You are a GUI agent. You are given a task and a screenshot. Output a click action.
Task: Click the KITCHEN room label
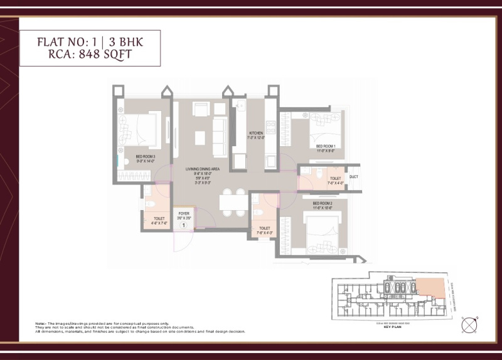click(255, 133)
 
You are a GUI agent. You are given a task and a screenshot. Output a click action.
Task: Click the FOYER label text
click(184, 214)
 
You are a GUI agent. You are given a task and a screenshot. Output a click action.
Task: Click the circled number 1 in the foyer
click(184, 224)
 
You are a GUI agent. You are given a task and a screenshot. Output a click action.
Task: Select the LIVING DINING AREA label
click(201, 169)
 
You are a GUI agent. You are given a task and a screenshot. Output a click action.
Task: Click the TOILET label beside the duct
click(335, 178)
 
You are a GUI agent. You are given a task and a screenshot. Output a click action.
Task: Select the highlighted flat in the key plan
click(432, 290)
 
